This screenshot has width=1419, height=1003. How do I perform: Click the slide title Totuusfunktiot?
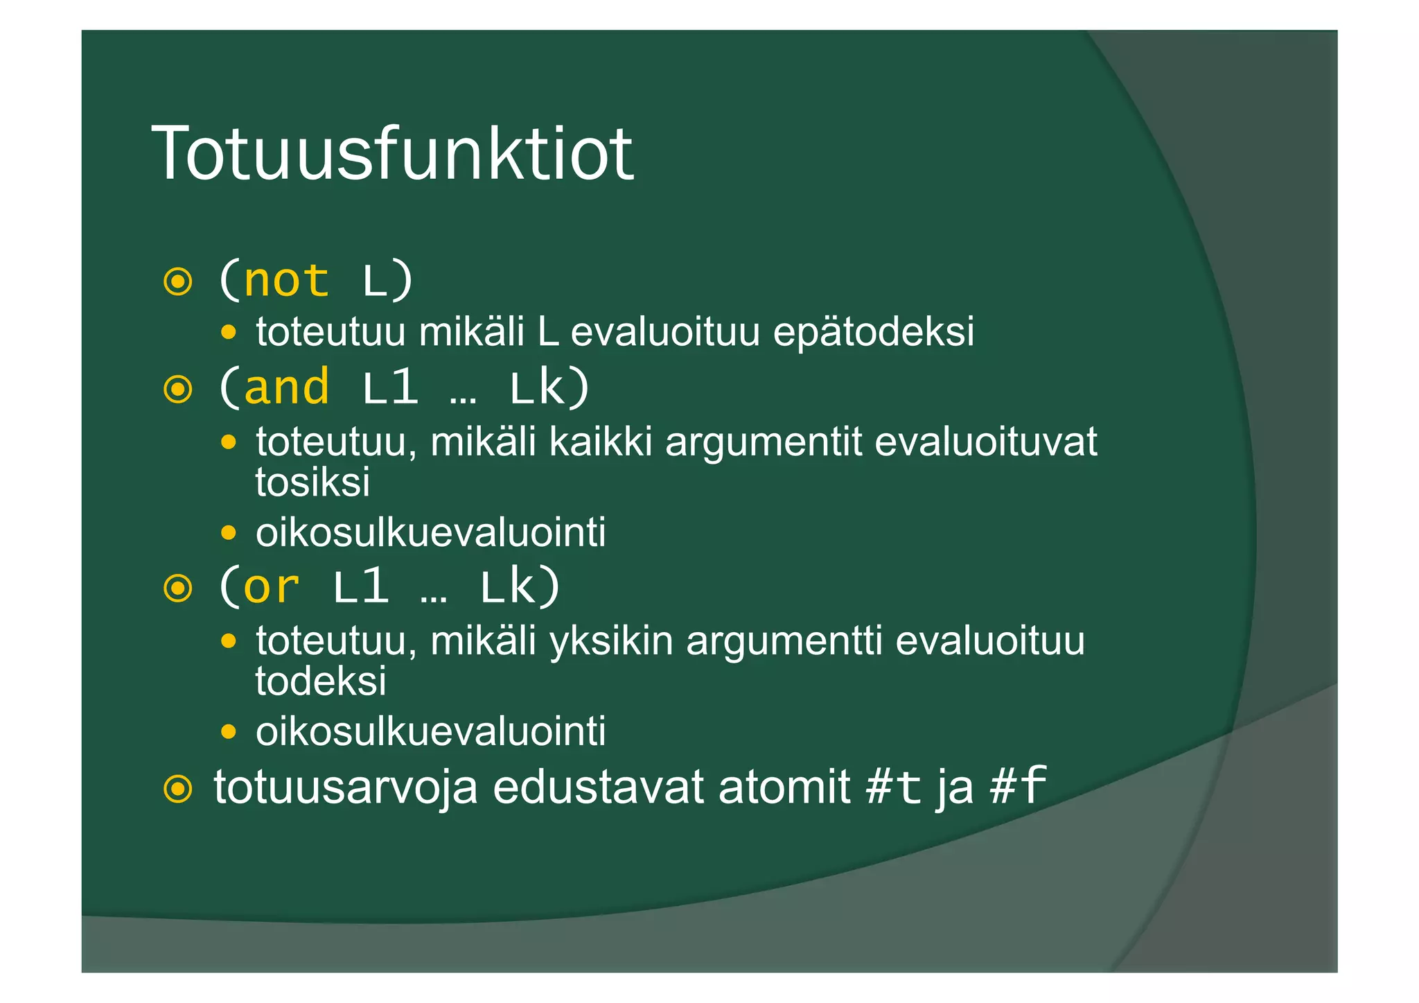(392, 153)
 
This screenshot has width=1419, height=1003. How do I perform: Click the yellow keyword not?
(286, 281)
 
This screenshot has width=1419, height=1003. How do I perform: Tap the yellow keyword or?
(271, 587)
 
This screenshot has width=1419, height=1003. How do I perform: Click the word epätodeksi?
(873, 331)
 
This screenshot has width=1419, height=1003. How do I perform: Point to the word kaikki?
(601, 442)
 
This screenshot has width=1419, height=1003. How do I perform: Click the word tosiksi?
(312, 482)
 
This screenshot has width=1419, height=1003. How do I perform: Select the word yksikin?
(610, 640)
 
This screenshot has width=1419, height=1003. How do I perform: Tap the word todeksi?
(321, 681)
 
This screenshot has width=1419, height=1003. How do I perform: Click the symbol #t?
(894, 787)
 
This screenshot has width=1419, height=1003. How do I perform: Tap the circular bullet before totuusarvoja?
(178, 789)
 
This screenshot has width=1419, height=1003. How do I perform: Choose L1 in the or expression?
(360, 587)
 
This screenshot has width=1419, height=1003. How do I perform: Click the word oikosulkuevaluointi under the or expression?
(430, 731)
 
